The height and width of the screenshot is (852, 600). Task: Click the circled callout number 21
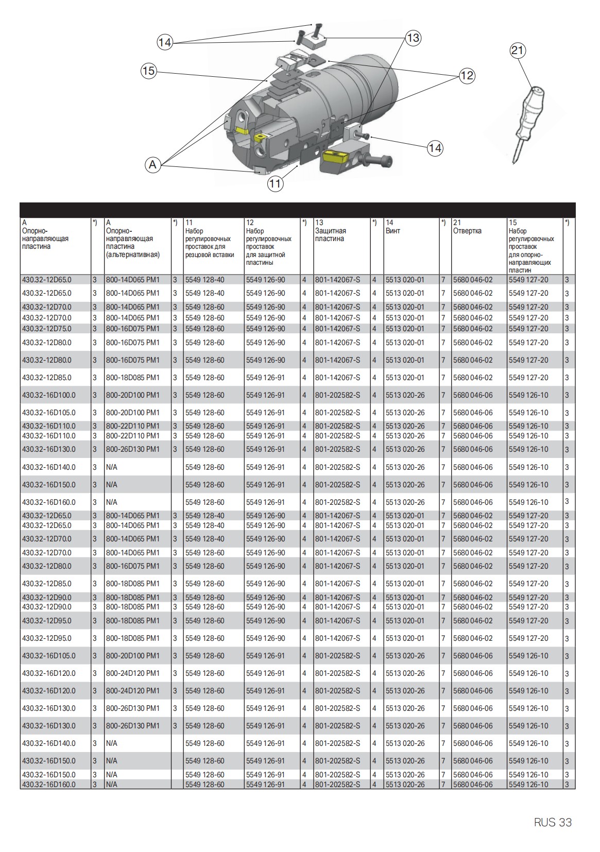(x=518, y=50)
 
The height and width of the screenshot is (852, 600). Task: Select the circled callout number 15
(x=148, y=71)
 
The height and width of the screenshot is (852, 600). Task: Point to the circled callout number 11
(x=276, y=183)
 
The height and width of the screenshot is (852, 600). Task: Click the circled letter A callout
(x=152, y=165)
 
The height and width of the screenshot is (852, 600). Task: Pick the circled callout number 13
(x=413, y=38)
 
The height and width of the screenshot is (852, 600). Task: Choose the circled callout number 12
(x=466, y=76)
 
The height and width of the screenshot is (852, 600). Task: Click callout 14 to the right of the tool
(x=435, y=148)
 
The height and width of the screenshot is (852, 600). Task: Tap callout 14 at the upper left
(x=164, y=42)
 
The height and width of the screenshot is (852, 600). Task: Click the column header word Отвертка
(x=467, y=231)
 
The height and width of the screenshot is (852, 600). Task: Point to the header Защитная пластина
(x=330, y=235)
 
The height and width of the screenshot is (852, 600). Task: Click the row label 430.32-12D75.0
(x=46, y=329)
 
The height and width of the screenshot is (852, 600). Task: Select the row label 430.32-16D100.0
(x=48, y=395)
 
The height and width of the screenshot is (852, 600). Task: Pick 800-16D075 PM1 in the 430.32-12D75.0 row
(x=133, y=329)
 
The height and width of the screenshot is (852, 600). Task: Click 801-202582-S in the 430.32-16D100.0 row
(x=337, y=395)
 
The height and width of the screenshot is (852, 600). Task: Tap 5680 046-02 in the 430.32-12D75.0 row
(x=472, y=329)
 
